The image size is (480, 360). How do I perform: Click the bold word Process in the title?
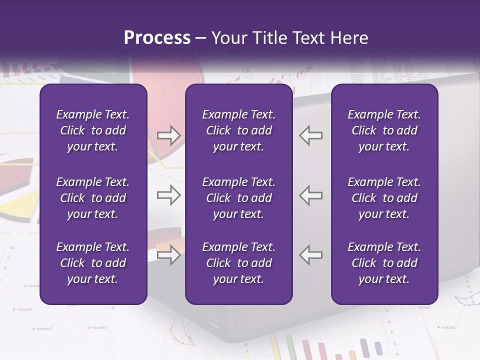(157, 38)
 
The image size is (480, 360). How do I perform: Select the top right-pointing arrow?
(169, 135)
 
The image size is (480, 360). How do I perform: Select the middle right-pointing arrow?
(169, 195)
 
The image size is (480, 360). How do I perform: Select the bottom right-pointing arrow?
(169, 255)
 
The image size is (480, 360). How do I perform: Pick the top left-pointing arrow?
(311, 135)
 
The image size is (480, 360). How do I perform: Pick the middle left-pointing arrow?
(311, 195)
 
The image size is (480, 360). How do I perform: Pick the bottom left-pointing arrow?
(311, 255)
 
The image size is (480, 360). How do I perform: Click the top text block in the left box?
(93, 130)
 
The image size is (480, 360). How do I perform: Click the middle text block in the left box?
(93, 198)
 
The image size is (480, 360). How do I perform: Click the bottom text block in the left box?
(93, 263)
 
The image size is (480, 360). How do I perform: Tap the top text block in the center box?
(238, 130)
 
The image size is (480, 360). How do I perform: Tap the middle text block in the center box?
(238, 198)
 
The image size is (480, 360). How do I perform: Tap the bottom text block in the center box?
(238, 263)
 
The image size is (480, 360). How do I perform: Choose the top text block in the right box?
(384, 130)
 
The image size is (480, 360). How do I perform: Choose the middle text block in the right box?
(384, 198)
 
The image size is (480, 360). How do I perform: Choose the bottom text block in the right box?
(384, 263)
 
